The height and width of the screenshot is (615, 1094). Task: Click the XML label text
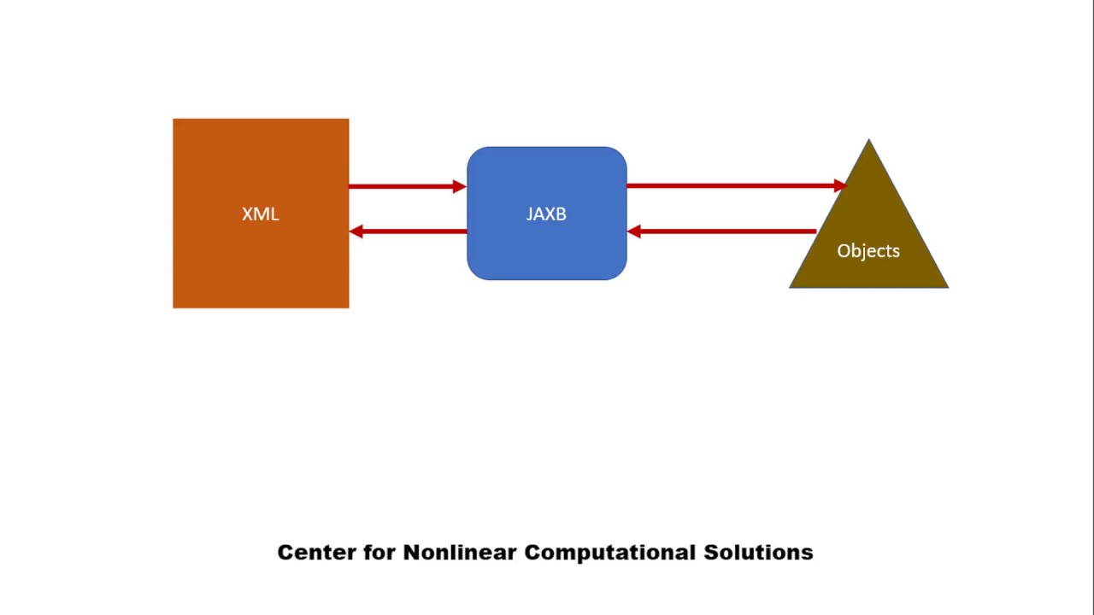[260, 214]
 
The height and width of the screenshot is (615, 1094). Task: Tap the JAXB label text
[546, 214]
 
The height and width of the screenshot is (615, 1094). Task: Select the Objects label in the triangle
[868, 251]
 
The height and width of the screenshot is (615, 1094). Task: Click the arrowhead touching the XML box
[356, 231]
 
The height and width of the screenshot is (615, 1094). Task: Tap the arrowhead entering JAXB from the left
[460, 185]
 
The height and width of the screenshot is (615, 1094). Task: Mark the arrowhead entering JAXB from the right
[634, 231]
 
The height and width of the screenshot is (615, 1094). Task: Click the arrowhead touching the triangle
[840, 184]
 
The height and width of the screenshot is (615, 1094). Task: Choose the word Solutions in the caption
[758, 553]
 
